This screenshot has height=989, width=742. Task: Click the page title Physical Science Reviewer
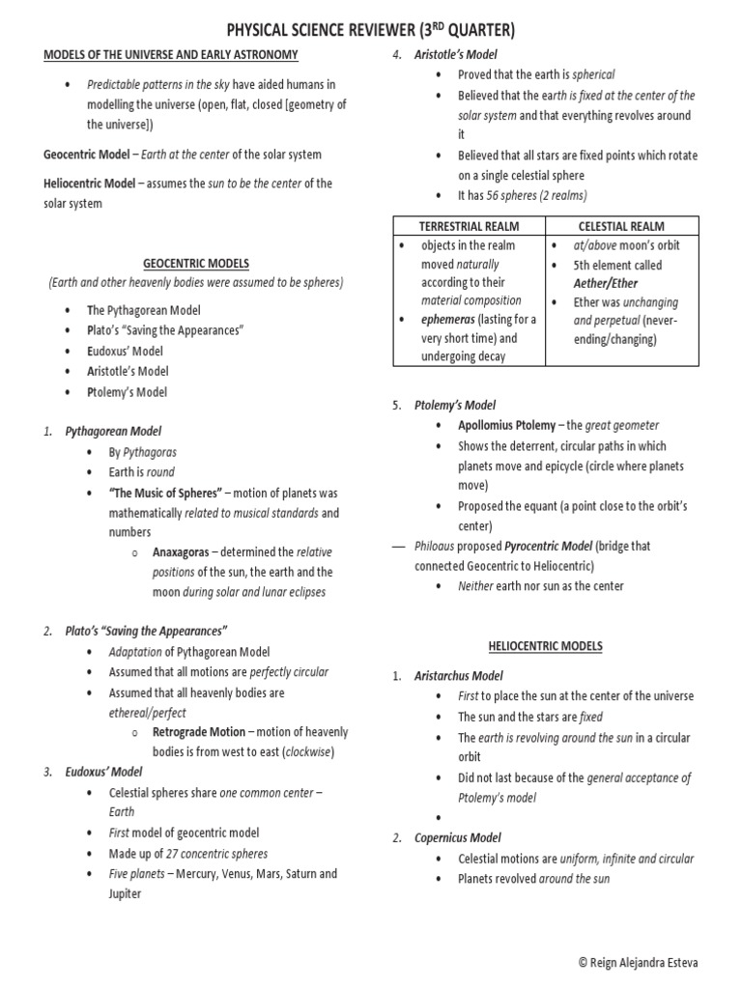click(x=370, y=29)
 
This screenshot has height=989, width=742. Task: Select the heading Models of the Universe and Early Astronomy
click(x=171, y=54)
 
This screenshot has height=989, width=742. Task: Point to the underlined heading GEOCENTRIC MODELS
click(x=196, y=263)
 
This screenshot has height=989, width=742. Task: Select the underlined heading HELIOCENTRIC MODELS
click(x=545, y=646)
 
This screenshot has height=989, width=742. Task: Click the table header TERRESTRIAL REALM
click(x=469, y=226)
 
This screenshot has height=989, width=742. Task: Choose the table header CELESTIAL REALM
click(x=621, y=226)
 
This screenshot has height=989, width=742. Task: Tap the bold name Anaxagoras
click(x=184, y=552)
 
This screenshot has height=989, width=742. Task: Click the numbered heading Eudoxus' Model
click(x=103, y=772)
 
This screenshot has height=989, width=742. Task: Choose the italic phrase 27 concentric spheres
click(x=217, y=854)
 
